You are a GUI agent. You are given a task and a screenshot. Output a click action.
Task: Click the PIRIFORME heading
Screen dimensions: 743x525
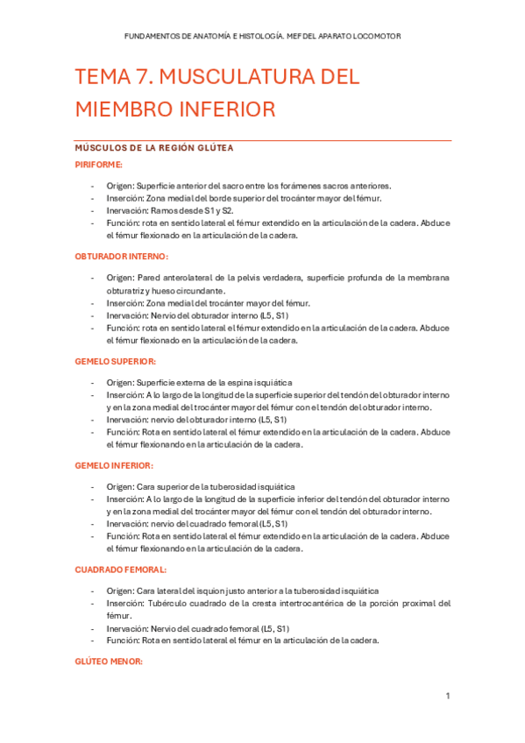coord(98,164)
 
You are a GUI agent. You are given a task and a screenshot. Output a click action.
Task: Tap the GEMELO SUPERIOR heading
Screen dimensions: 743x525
coord(116,360)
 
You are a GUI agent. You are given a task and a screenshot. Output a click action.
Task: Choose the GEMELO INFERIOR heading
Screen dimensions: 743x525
coord(114,465)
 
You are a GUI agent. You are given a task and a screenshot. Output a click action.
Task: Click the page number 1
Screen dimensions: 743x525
coord(447,697)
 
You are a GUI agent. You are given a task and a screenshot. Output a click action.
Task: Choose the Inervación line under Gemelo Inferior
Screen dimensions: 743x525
coord(197,523)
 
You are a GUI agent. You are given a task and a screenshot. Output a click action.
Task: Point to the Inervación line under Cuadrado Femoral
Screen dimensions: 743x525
coord(198,628)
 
